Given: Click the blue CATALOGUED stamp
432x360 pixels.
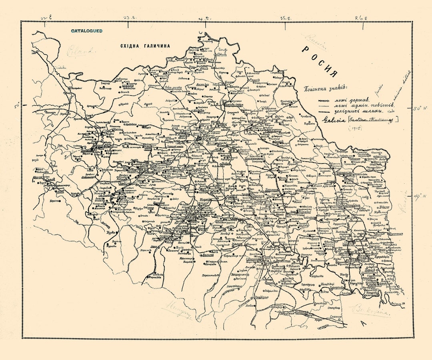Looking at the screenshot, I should pyautogui.click(x=87, y=31).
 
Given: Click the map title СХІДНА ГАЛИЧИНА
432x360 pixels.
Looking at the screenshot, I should pyautogui.click(x=145, y=46).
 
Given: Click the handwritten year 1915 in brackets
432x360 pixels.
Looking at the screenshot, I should pyautogui.click(x=343, y=128).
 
